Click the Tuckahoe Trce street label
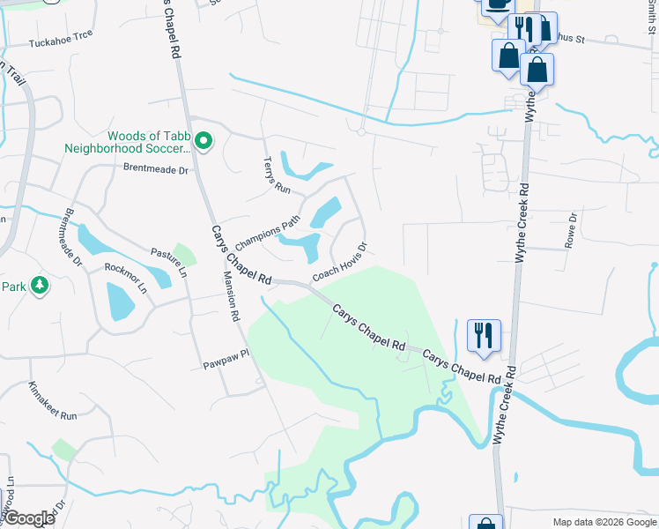click(61, 42)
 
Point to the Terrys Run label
click(276, 175)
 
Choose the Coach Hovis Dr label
click(339, 264)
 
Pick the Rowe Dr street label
click(571, 229)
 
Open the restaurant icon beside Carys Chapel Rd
click(484, 335)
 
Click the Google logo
click(29, 518)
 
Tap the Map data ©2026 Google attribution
click(604, 522)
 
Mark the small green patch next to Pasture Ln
click(185, 254)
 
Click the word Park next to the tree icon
click(14, 287)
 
